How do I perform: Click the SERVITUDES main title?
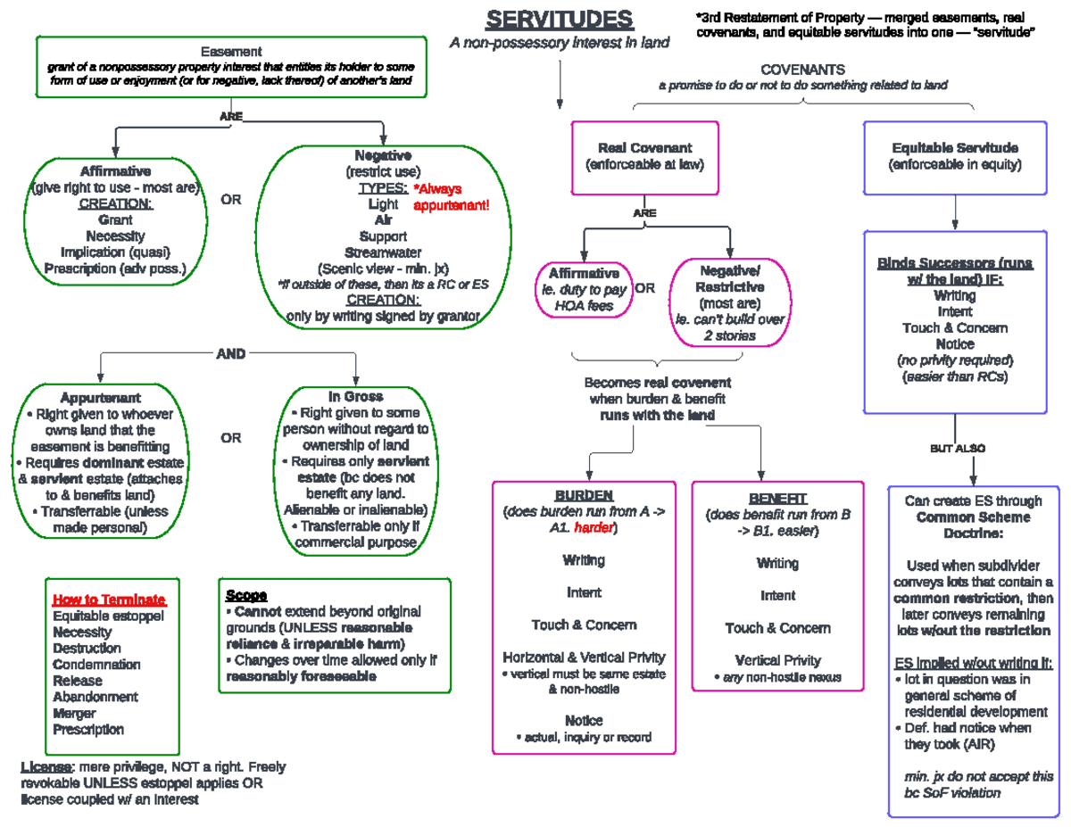pyautogui.click(x=559, y=20)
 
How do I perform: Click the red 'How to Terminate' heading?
pyautogui.click(x=109, y=600)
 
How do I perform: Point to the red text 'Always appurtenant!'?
pyautogui.click(x=452, y=197)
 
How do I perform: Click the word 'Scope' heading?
pyautogui.click(x=246, y=595)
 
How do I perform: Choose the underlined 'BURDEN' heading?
pyautogui.click(x=584, y=496)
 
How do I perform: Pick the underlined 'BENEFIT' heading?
pyautogui.click(x=777, y=499)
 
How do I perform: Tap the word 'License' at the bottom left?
pyautogui.click(x=46, y=767)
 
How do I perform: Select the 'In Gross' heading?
pyautogui.click(x=355, y=396)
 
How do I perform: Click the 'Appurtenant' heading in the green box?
pyautogui.click(x=100, y=397)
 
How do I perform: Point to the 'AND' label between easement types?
pyautogui.click(x=231, y=354)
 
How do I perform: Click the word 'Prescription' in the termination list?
pyautogui.click(x=88, y=729)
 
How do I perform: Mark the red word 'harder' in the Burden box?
pyautogui.click(x=594, y=528)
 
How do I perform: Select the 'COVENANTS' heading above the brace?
pyautogui.click(x=802, y=70)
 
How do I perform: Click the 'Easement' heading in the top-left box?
pyautogui.click(x=231, y=52)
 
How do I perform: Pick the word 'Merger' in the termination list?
pyautogui.click(x=74, y=713)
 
